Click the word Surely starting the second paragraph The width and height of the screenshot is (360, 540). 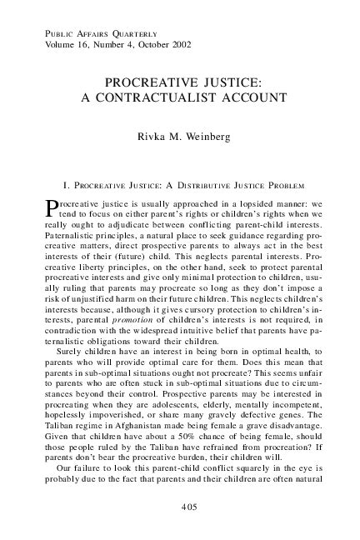point(66,357)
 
